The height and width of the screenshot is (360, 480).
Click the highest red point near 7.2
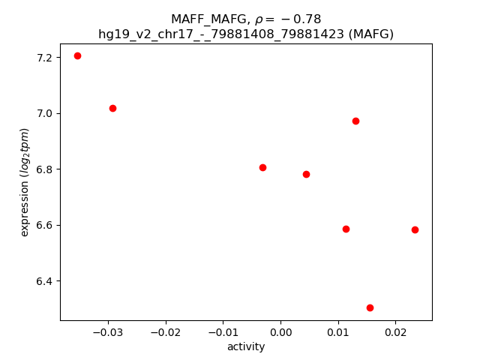[x=77, y=55]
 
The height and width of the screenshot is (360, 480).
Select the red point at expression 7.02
[x=112, y=108]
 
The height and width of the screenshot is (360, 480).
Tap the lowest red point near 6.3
[x=370, y=307]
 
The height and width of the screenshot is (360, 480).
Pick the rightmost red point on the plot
[x=415, y=229]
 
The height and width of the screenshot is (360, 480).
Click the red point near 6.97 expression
[x=355, y=121]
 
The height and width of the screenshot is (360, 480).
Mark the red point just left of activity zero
[x=262, y=167]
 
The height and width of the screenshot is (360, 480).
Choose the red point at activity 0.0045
[x=306, y=174]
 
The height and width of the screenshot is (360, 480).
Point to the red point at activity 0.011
[x=346, y=229]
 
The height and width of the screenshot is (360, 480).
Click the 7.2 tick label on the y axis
[x=45, y=58]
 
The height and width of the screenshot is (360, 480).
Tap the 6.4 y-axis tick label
[x=45, y=281]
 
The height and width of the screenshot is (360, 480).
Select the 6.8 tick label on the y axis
[x=45, y=169]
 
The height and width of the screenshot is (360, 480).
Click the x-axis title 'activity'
[x=246, y=346]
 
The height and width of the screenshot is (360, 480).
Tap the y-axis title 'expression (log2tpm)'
[x=25, y=182]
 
